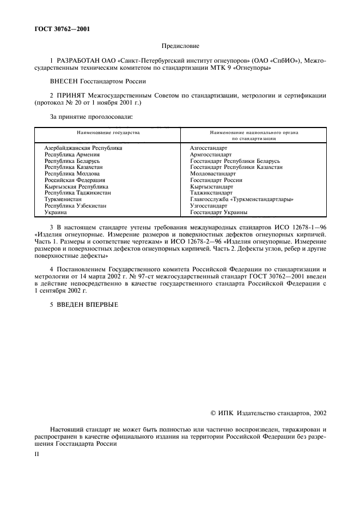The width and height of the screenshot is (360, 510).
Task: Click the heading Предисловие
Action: pyautogui.click(x=180, y=47)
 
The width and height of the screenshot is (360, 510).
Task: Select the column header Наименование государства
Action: pyautogui.click(x=107, y=132)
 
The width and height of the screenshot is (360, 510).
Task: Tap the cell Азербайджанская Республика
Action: pyautogui.click(x=83, y=148)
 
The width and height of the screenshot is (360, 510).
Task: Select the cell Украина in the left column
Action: pyautogui.click(x=56, y=212)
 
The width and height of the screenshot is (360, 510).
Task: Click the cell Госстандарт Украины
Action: pyautogui.click(x=218, y=212)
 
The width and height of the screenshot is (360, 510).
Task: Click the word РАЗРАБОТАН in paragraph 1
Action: pyautogui.click(x=77, y=62)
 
